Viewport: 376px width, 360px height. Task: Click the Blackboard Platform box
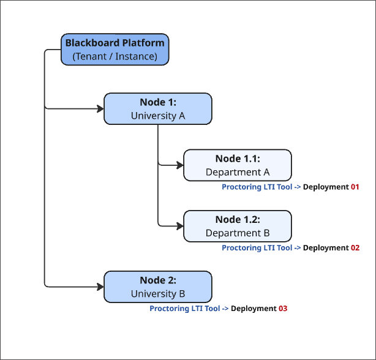(115, 50)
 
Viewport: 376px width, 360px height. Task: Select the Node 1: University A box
(158, 109)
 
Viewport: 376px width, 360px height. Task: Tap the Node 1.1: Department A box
(238, 165)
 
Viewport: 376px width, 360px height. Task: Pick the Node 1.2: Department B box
(238, 226)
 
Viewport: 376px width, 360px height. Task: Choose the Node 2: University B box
(158, 287)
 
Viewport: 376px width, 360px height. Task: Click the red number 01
(355, 187)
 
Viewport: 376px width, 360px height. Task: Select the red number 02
(355, 248)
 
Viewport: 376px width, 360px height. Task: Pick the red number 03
(283, 309)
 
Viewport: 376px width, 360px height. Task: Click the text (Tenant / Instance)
(115, 56)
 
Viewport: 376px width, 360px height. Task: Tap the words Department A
(238, 172)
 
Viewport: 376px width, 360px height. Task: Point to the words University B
(158, 294)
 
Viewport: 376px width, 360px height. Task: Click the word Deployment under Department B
(326, 248)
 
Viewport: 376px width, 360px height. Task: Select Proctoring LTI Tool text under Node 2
(184, 309)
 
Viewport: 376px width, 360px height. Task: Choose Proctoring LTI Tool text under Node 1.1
(257, 187)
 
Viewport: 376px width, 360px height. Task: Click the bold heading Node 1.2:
(238, 220)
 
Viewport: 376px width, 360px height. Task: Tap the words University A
(158, 115)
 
